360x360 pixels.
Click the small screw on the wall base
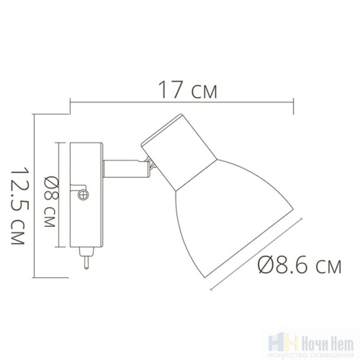tap(83, 192)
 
